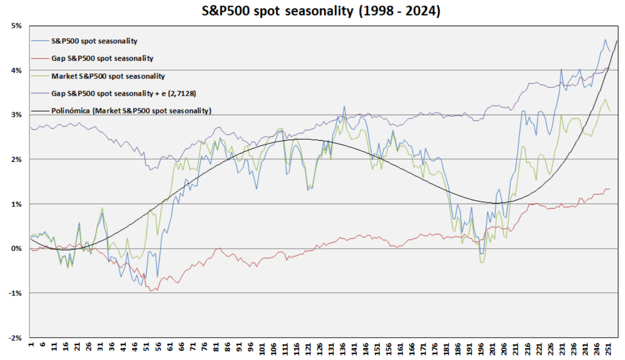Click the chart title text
click(312, 11)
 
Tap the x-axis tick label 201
click(493, 349)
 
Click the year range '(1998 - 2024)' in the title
click(396, 11)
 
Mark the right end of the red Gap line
click(609, 189)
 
